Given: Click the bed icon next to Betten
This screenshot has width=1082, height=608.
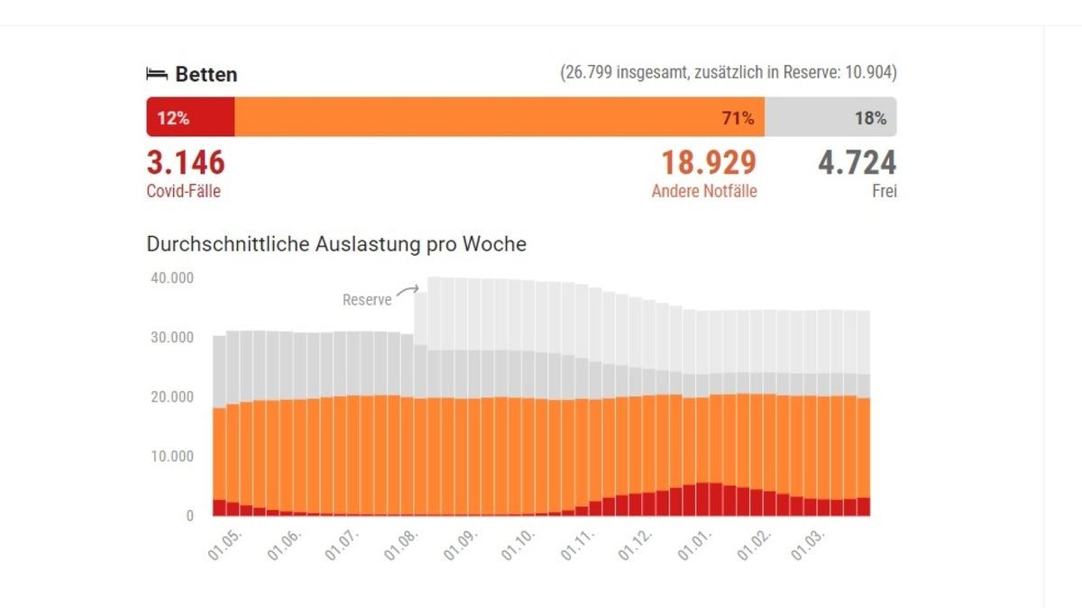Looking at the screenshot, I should [158, 75].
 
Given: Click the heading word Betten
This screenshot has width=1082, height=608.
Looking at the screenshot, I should [206, 75].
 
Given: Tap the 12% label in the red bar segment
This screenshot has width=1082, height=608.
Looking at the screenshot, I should [173, 118].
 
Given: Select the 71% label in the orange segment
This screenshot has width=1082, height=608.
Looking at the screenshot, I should [738, 118].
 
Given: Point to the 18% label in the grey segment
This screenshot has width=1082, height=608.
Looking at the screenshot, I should [870, 118].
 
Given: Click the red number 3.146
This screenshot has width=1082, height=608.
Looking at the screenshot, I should [186, 163].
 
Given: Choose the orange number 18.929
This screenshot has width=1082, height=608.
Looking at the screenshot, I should [709, 163].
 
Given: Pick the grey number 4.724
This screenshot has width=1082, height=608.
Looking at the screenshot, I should [857, 163].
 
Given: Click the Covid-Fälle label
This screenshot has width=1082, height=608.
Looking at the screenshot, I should [183, 191].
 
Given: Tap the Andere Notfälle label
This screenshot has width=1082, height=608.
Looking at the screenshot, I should [704, 191].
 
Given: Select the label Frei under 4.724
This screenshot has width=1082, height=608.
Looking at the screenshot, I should [884, 191].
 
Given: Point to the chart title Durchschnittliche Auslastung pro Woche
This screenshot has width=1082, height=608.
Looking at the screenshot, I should [336, 244].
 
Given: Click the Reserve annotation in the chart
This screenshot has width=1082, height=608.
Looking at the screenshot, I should [367, 300].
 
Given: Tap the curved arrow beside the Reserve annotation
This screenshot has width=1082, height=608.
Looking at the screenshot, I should [408, 290].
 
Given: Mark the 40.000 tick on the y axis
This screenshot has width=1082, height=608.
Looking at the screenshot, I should [170, 278].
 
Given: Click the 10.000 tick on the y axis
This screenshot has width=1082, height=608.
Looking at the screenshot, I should [170, 457].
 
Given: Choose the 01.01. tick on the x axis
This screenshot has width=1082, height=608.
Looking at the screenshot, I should [695, 544].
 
